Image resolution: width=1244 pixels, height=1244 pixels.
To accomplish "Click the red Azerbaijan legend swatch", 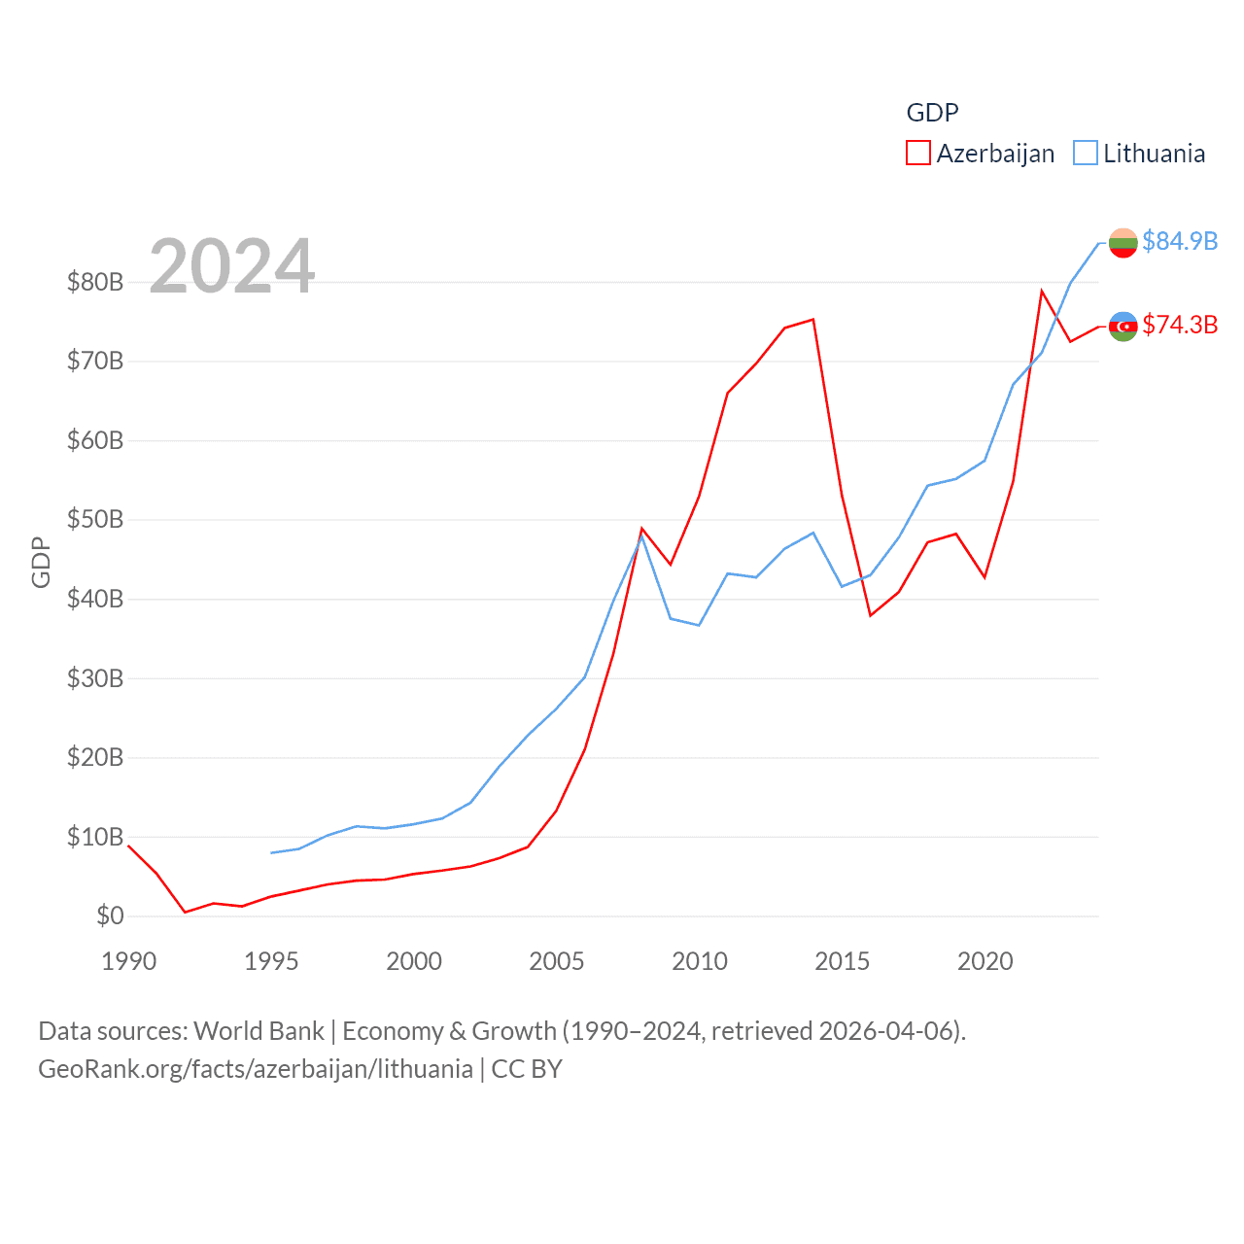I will [918, 154].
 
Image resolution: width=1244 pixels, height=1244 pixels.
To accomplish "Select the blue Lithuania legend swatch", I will [1086, 154].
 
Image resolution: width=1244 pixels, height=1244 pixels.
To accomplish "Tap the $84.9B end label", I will [1180, 241].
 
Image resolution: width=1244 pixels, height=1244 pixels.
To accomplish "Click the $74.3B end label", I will [1180, 325].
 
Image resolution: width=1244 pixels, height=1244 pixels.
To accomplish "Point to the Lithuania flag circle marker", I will [1123, 243].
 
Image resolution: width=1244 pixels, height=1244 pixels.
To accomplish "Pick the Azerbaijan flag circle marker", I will [1123, 327].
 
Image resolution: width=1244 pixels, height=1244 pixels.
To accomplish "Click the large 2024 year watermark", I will [232, 266].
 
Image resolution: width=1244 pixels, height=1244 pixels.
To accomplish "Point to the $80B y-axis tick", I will [95, 282].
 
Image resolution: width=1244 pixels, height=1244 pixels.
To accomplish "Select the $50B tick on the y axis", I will [95, 519].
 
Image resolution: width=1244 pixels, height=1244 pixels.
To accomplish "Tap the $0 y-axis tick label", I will [110, 916].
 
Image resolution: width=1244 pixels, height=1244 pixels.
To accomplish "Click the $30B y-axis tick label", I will [95, 678].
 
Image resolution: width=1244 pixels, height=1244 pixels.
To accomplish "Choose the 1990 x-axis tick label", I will [129, 961].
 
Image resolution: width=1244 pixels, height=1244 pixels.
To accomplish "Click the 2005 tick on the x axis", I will [557, 961].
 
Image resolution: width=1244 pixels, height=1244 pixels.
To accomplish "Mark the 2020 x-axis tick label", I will [985, 961].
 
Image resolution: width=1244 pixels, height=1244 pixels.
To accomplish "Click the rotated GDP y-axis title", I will [41, 562].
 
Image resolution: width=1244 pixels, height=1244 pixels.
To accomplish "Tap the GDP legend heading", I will [932, 113].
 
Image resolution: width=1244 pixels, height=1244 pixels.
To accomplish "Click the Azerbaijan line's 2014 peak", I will [813, 319].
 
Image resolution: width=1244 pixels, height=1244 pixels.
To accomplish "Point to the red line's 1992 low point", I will [185, 912].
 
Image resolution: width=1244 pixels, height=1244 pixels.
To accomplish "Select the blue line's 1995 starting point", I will [272, 852].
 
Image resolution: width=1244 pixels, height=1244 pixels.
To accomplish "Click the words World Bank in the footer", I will [259, 1030].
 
